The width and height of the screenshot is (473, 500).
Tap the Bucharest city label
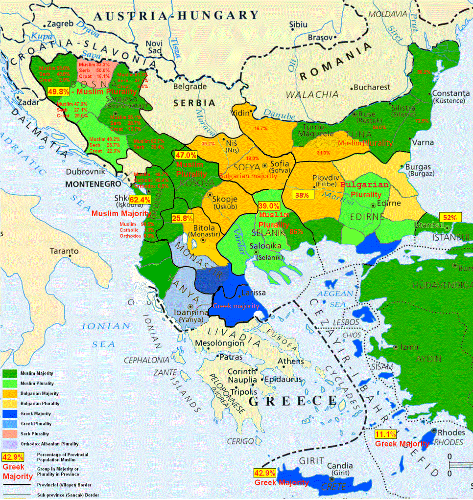tap(372, 88)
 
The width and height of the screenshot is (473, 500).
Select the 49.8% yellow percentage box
tap(58, 91)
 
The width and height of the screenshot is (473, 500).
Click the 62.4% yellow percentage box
tap(140, 200)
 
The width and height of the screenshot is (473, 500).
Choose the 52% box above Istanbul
tap(450, 217)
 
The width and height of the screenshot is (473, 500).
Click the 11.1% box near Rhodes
tap(385, 434)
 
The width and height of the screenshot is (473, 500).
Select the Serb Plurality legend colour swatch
tap(10, 434)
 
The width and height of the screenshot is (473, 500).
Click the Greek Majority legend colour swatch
tap(10, 413)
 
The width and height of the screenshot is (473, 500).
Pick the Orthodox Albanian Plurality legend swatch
tap(10, 444)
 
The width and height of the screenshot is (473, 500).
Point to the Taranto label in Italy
tap(64, 251)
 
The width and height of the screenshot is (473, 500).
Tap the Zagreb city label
tap(60, 23)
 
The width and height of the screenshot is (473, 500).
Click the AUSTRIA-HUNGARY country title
tap(176, 16)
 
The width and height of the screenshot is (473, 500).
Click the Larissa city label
tap(253, 293)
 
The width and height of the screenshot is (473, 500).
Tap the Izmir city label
tap(409, 347)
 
